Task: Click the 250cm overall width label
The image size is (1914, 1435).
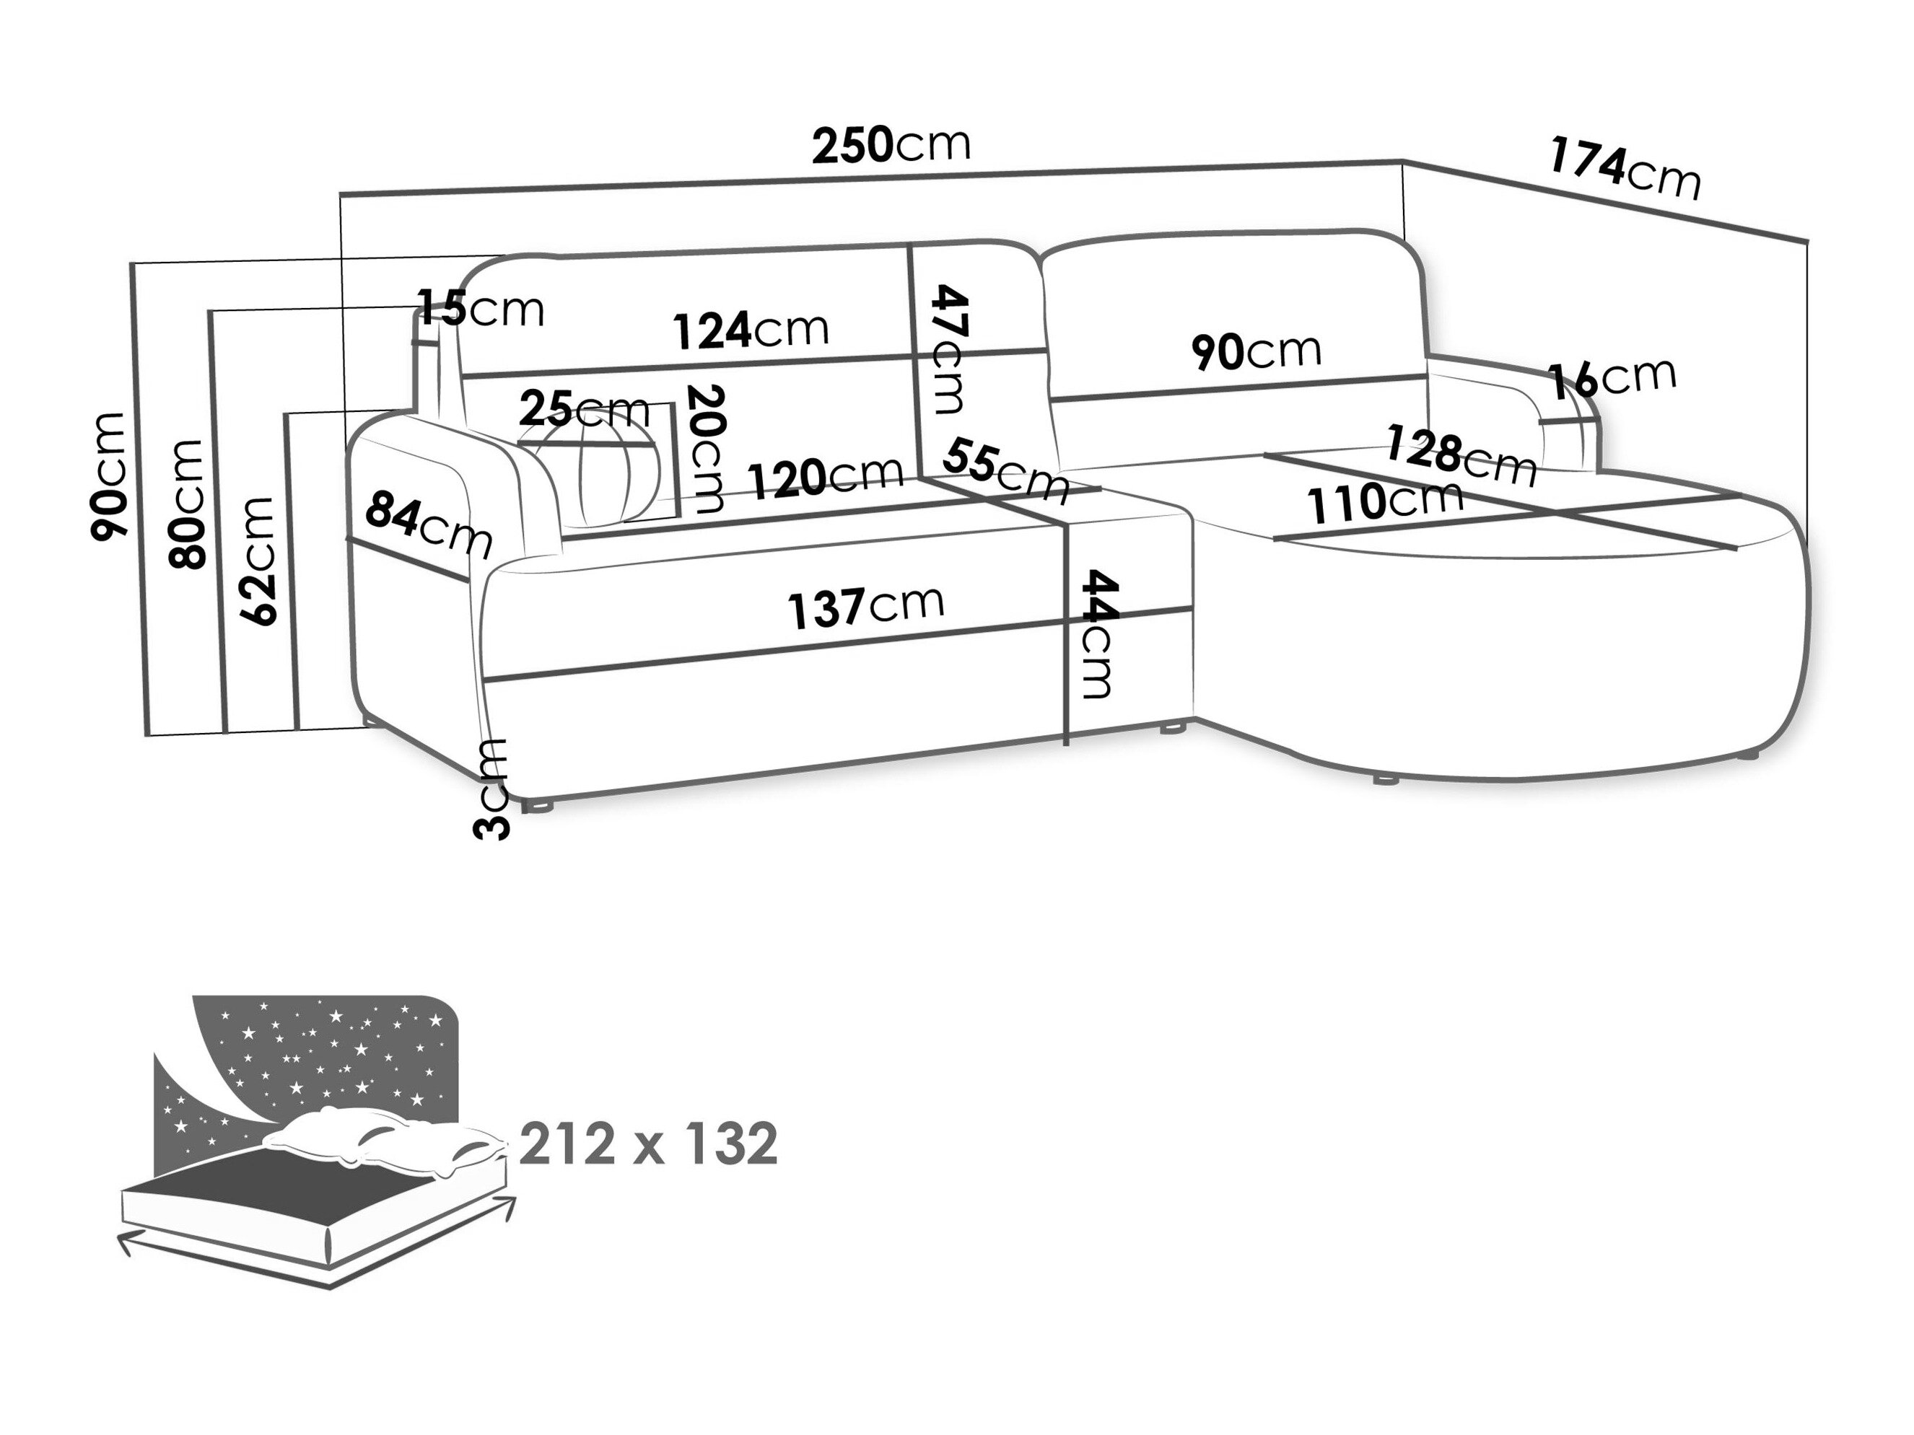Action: [x=891, y=145]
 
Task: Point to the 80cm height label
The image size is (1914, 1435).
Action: [x=187, y=504]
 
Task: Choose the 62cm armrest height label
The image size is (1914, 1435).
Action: [x=258, y=561]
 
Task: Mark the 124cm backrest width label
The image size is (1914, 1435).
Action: [x=750, y=330]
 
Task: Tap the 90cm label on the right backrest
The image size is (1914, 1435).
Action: [x=1256, y=351]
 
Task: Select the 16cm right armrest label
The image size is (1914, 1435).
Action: [x=1611, y=378]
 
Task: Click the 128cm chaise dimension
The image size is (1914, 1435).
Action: [x=1461, y=455]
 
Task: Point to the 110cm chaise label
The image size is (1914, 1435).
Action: [x=1384, y=503]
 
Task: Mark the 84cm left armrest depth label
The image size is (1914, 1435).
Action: [x=428, y=522]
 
